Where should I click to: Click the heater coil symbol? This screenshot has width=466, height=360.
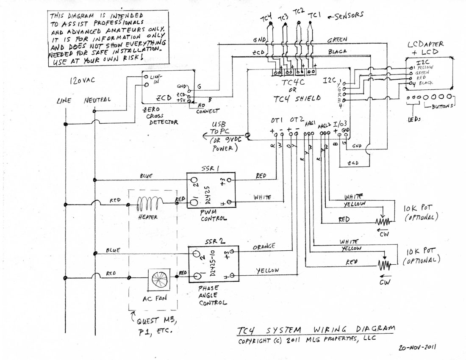pyautogui.click(x=148, y=206)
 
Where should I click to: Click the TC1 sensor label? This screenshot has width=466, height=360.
pyautogui.click(x=314, y=15)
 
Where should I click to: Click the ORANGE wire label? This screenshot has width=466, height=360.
pyautogui.click(x=263, y=246)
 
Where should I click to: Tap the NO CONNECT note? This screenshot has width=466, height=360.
pyautogui.click(x=208, y=108)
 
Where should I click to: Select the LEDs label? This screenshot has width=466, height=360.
pyautogui.click(x=414, y=119)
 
